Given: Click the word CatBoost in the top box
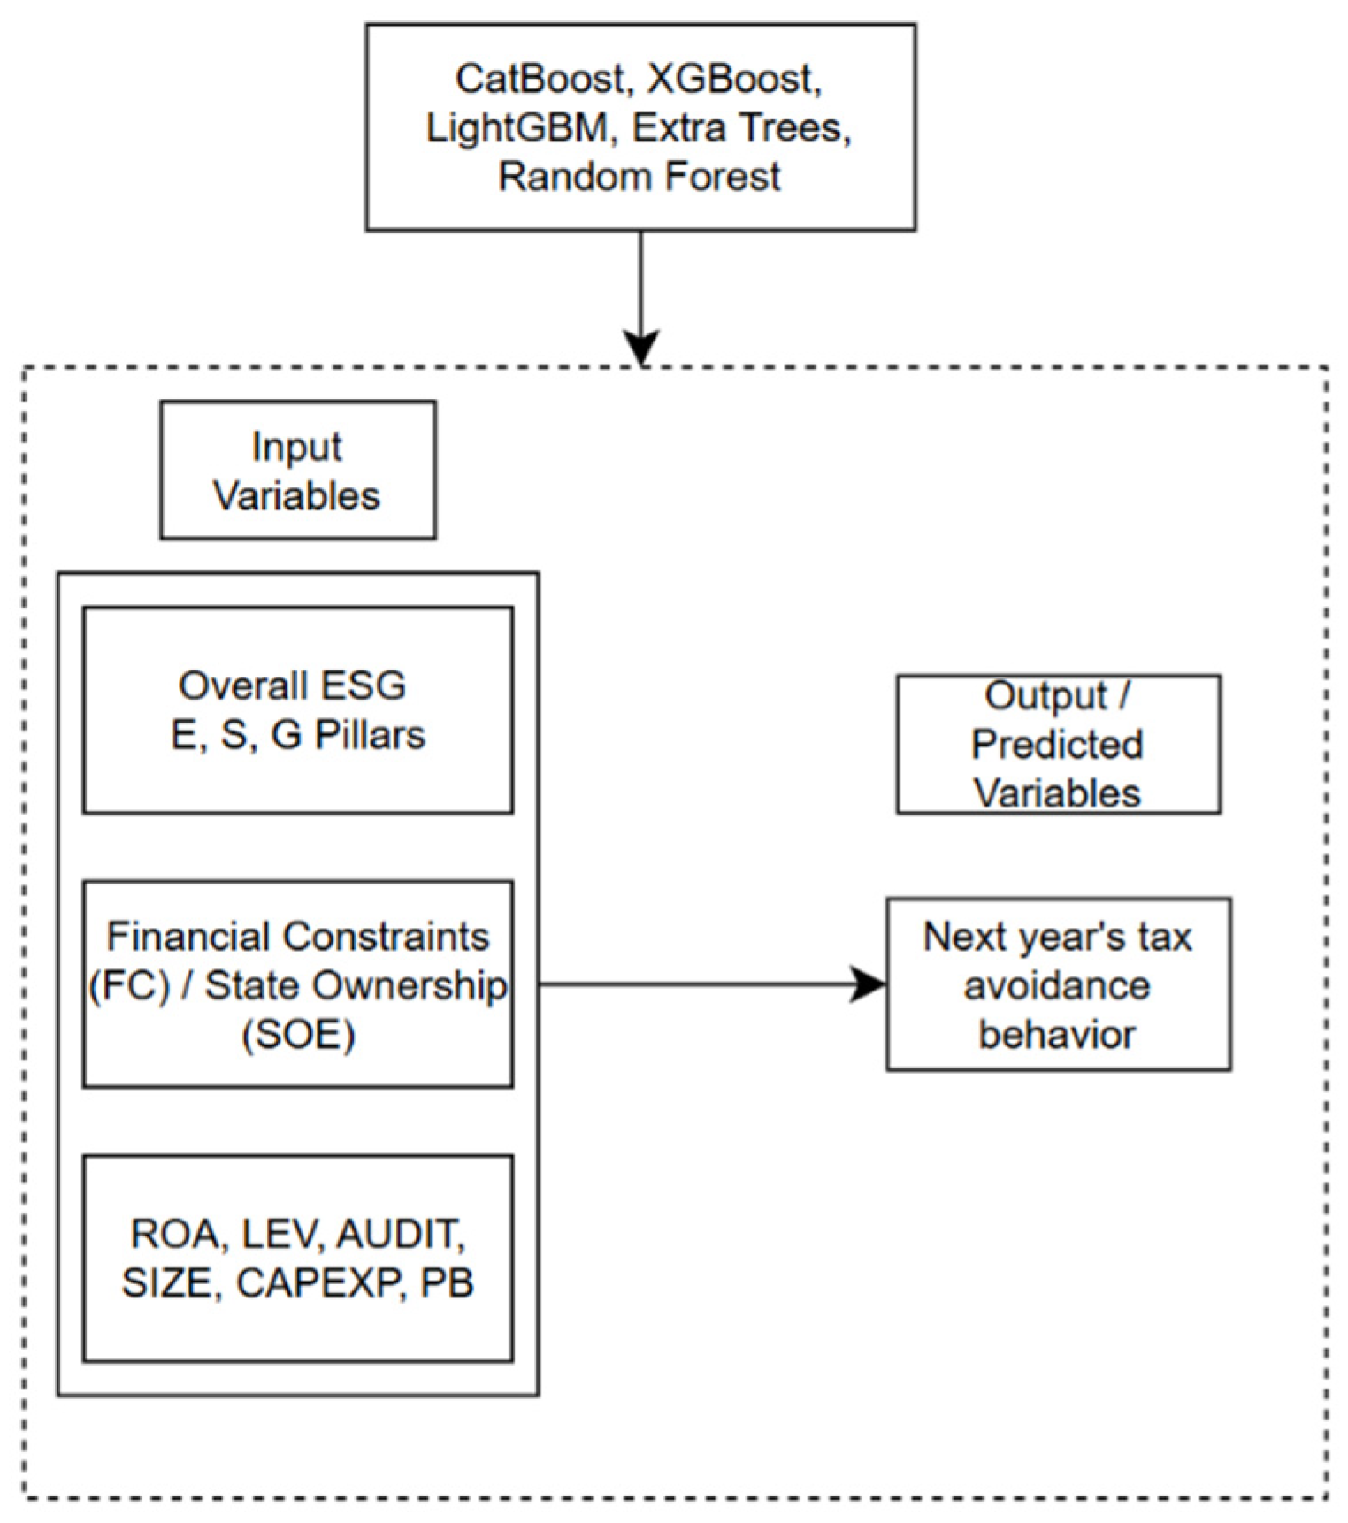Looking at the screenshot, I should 540,80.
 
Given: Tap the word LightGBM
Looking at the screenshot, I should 517,128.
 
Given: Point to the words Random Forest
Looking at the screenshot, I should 639,177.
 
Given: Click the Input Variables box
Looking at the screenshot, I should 297,471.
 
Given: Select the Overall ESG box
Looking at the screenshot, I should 297,709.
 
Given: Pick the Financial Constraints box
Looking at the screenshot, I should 297,983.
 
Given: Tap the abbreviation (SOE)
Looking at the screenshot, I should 299,1034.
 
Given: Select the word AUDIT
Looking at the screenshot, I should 400,1234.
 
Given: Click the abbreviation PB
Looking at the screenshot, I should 447,1283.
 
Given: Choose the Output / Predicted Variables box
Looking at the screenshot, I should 1058,744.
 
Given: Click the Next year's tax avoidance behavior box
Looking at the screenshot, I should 1058,984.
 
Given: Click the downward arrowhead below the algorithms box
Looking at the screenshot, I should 640,347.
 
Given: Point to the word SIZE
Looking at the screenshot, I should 169,1283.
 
